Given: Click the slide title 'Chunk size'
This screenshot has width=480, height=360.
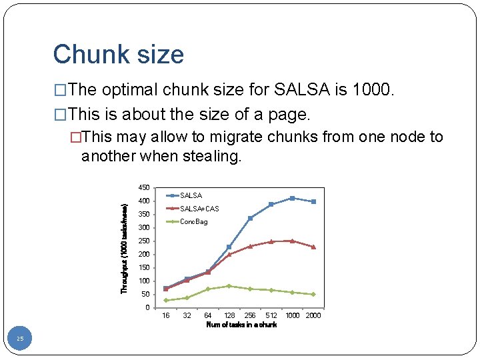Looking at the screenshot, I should click(118, 55).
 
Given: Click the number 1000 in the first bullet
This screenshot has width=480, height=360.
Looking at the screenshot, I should click(373, 90).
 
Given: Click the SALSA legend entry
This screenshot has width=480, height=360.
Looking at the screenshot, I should click(191, 195).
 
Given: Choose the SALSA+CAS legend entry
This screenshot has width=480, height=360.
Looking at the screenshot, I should click(199, 209).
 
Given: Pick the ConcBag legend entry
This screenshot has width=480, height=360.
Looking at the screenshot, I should click(193, 221).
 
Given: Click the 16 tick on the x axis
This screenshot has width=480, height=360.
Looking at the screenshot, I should click(166, 315).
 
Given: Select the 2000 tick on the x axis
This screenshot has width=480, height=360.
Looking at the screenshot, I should click(313, 315).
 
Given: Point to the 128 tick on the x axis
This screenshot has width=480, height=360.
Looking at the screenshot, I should click(229, 315).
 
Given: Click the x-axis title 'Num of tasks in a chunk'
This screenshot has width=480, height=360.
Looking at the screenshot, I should click(241, 325).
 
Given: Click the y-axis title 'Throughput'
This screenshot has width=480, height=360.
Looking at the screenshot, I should click(125, 249).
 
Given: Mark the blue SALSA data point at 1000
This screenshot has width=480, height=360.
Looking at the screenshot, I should click(292, 198).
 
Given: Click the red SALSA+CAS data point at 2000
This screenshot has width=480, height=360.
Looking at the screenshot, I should click(313, 247).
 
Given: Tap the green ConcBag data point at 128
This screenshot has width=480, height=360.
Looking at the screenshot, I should click(229, 286).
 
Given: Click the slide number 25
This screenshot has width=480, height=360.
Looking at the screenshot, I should click(20, 339).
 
